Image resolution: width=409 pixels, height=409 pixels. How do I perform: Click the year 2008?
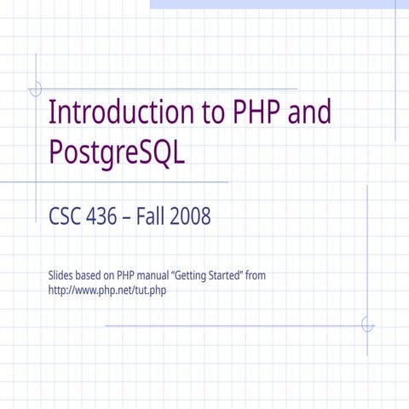tap(190, 218)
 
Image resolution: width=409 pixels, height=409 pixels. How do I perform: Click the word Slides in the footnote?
tap(64, 275)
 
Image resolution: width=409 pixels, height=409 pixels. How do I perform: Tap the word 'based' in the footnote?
tap(94, 275)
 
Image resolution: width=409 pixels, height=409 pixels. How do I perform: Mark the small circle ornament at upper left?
tap(36, 89)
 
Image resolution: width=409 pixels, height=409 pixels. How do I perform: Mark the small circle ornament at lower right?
tap(367, 325)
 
